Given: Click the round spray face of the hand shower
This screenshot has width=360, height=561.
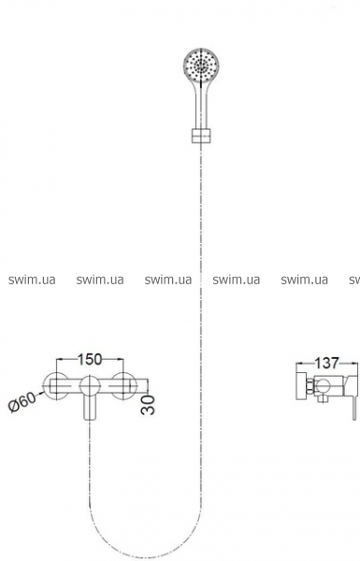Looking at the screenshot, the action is [201, 65].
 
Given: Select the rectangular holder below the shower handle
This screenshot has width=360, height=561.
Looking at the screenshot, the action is [201, 136].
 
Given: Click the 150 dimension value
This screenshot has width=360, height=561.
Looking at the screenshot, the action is [90, 360].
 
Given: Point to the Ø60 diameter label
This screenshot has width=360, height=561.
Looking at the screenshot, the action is [22, 402].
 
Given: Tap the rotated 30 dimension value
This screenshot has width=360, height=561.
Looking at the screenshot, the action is [148, 405].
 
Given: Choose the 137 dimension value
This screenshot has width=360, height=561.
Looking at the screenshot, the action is [326, 363].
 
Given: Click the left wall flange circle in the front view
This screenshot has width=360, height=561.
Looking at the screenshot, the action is [56, 385].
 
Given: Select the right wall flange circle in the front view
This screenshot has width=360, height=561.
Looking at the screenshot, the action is [123, 385].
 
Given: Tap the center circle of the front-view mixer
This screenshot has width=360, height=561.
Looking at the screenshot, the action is [90, 386].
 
